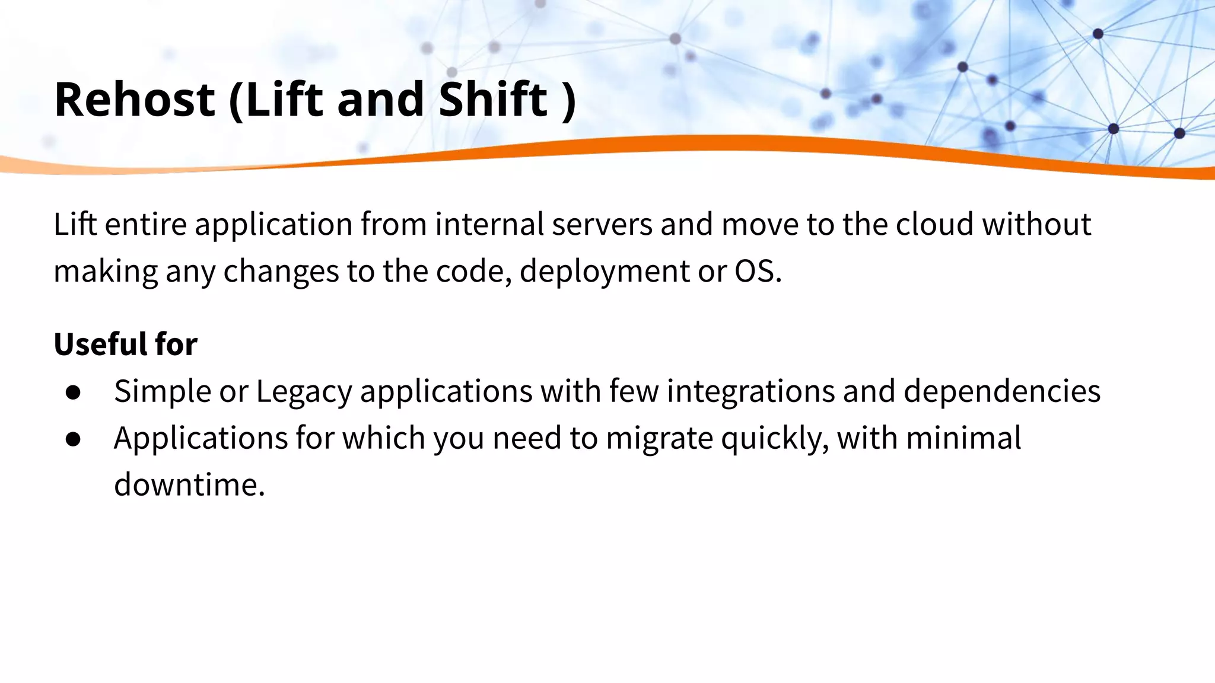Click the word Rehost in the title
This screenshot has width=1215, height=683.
134,99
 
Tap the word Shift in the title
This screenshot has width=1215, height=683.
492,99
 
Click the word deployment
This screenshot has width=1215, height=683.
604,272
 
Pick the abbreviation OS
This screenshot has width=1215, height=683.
755,272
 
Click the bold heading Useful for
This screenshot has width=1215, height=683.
125,344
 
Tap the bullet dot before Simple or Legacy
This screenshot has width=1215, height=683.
74,392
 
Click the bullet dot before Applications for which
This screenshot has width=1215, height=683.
74,439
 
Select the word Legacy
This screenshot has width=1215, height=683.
304,391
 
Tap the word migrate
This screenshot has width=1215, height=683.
659,439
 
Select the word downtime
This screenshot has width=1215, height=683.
189,485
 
